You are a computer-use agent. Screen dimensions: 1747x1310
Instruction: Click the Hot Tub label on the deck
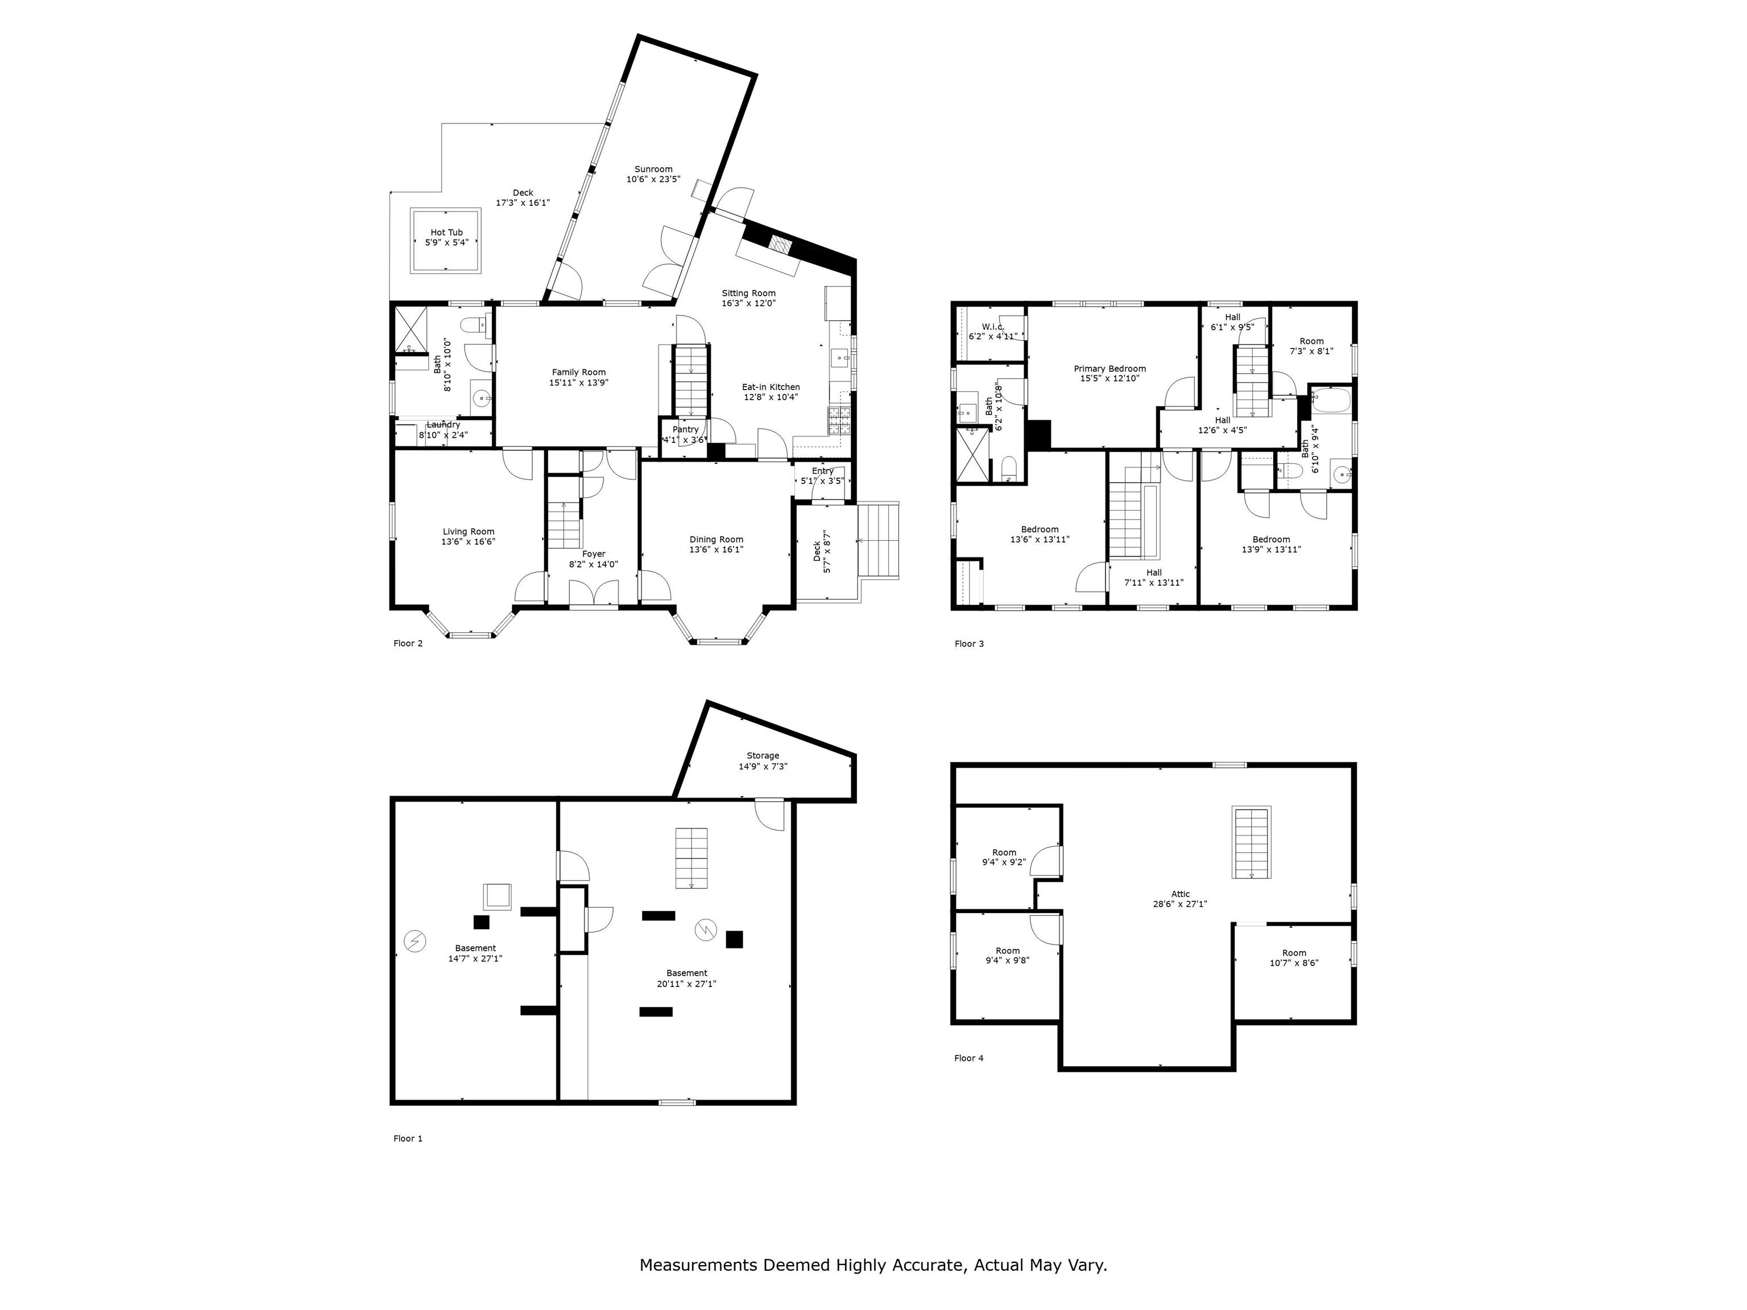(446, 232)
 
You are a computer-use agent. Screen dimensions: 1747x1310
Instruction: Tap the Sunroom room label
(653, 169)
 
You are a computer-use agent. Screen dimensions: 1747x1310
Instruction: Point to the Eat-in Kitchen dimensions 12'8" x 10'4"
(771, 397)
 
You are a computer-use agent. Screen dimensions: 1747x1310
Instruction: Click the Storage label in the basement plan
(763, 756)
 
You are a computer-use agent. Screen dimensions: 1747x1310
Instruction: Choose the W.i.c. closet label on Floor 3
(993, 326)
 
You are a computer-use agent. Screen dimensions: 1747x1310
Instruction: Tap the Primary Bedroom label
(1110, 369)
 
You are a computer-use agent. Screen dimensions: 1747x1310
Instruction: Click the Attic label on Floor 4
(1180, 894)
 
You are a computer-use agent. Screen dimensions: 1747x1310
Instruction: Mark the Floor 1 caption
(408, 1139)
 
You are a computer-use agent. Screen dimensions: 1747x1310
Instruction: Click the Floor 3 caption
(969, 644)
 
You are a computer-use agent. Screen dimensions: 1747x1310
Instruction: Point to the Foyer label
(593, 554)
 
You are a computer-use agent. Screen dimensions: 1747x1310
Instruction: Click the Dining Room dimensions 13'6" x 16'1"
(717, 550)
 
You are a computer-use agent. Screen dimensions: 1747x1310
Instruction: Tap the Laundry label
(443, 425)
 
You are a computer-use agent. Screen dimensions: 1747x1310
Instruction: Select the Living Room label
(469, 532)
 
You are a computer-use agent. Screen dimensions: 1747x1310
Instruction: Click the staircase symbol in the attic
(1252, 843)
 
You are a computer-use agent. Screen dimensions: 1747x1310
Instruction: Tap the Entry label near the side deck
(823, 471)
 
